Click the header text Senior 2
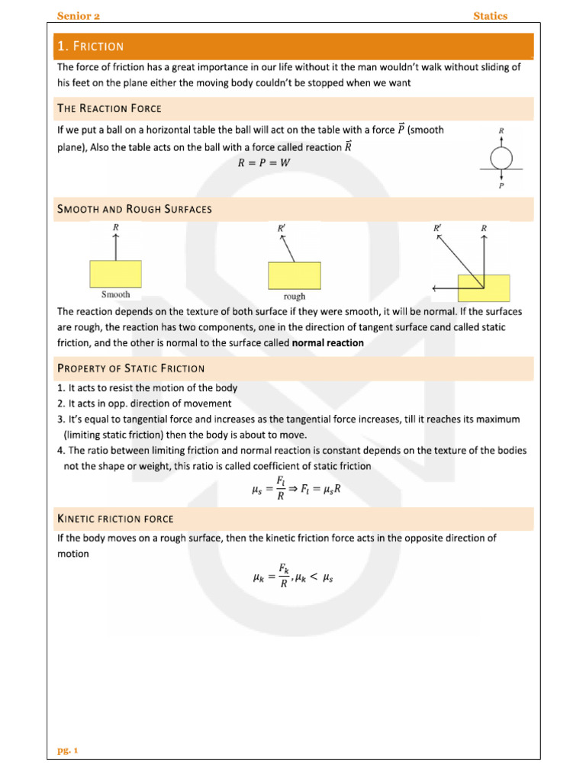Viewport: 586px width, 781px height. (x=79, y=16)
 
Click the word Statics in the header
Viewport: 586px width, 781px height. (x=490, y=16)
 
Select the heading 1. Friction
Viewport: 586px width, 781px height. (x=91, y=47)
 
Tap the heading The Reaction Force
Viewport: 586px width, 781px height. (x=109, y=108)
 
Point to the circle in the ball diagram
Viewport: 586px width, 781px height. (x=501, y=157)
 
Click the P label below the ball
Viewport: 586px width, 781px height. (x=501, y=185)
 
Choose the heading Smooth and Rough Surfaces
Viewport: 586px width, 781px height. (x=134, y=208)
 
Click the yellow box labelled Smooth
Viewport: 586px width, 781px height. (x=116, y=273)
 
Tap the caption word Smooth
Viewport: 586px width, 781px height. (x=116, y=294)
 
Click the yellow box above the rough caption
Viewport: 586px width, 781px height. (x=294, y=275)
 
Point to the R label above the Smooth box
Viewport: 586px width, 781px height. (x=116, y=227)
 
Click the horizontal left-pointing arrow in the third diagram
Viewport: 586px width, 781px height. (x=446, y=288)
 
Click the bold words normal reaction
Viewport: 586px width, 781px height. (x=328, y=343)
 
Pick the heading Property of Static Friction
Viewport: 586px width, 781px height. (x=130, y=368)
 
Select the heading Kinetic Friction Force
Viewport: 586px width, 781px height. (x=115, y=519)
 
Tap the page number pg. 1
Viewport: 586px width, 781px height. (x=68, y=750)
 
